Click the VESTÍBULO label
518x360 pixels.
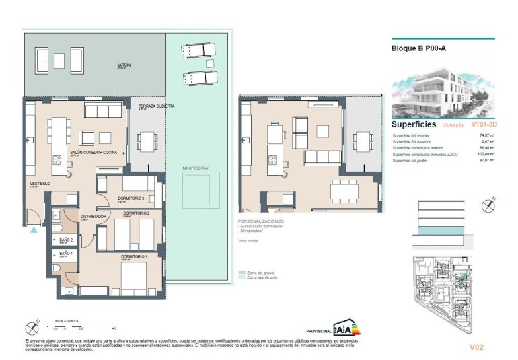point(37,182)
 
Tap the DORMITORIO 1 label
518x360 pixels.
point(134,256)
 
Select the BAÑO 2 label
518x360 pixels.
point(65,240)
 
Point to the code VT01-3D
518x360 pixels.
point(483,124)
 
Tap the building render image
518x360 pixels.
point(443,91)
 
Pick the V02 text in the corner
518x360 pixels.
point(476,347)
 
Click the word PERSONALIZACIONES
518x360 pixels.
point(261,221)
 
